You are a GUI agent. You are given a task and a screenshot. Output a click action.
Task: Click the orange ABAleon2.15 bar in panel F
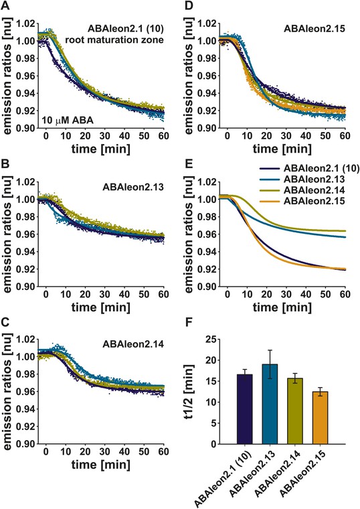[x=320, y=418]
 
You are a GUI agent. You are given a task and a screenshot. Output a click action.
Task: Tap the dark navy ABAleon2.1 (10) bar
[x=244, y=409]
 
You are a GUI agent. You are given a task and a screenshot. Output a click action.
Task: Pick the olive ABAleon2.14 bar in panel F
[x=295, y=411]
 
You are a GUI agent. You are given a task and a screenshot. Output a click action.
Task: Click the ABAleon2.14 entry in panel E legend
[x=314, y=190]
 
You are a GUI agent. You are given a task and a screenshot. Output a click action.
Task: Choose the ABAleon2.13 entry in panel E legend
[x=314, y=179]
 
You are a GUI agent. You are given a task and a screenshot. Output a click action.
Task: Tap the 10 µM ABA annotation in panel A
[x=68, y=121]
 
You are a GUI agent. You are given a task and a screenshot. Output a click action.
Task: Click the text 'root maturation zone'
[x=114, y=40]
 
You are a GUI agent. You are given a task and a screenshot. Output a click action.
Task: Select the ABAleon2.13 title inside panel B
[x=133, y=187]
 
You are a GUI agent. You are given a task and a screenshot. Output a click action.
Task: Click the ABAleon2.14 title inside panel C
[x=133, y=344]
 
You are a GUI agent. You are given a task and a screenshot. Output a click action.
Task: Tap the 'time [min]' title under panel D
[x=282, y=149]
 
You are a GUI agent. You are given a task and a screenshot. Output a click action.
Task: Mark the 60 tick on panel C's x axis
[x=163, y=451]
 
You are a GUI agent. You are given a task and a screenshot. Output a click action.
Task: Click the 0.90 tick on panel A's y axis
[x=25, y=128]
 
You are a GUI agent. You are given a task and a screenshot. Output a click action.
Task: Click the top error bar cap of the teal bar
[x=270, y=350]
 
